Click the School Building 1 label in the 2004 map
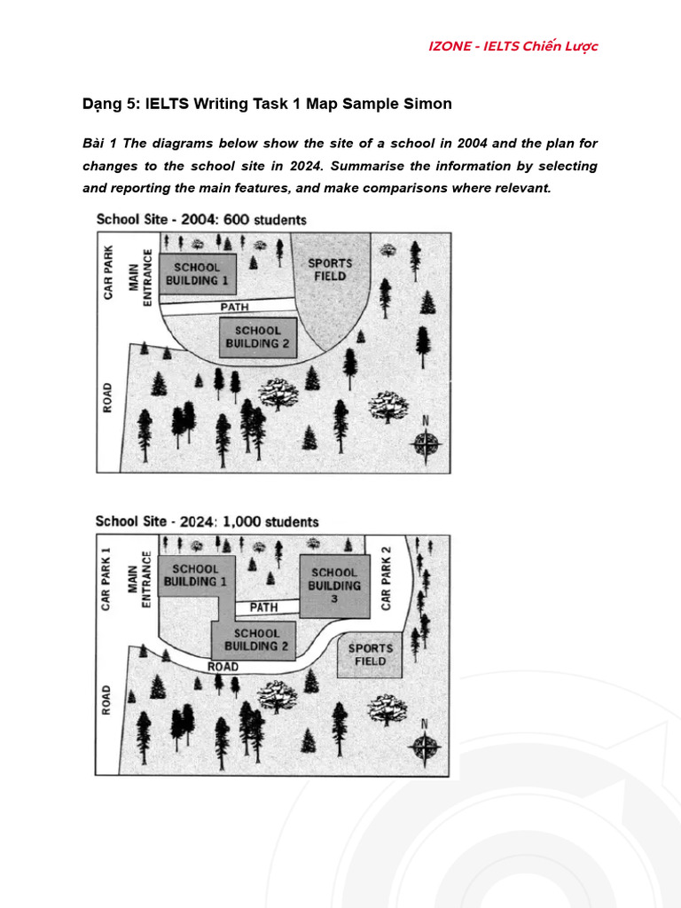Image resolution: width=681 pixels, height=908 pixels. [x=196, y=273]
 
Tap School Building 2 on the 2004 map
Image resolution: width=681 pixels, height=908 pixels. [x=257, y=337]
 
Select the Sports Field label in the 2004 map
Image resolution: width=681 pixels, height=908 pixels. [x=329, y=269]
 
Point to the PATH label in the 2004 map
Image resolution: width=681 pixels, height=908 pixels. [x=234, y=307]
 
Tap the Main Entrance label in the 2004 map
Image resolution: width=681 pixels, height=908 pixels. [x=141, y=278]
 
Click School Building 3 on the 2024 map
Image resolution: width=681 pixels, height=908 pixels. [x=334, y=585]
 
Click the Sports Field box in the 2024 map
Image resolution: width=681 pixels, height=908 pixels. [x=370, y=654]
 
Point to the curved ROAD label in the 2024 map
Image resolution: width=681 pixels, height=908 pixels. [x=223, y=666]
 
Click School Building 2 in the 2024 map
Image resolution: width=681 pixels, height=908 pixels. [x=256, y=639]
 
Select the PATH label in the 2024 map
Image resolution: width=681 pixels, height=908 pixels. [x=263, y=607]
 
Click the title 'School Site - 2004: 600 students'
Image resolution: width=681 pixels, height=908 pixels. [x=201, y=219]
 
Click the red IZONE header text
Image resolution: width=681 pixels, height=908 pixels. [x=513, y=46]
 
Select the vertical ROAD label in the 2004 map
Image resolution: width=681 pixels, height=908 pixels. [x=108, y=400]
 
